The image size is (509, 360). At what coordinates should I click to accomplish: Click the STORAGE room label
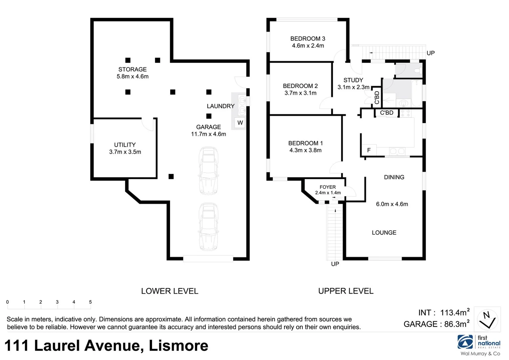tap(132, 69)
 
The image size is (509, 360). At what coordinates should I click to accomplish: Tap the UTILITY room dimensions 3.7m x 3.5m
tap(125, 152)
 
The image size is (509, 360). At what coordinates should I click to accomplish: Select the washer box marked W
tap(240, 123)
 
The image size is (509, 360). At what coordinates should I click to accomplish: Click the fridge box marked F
tap(369, 150)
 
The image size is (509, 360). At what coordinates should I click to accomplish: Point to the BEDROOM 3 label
tap(308, 39)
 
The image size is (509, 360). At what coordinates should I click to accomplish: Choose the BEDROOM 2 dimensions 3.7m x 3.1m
tap(300, 93)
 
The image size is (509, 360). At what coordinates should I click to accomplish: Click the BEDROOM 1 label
tap(305, 143)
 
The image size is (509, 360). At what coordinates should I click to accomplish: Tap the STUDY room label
tap(353, 80)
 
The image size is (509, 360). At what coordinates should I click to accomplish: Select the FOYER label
tap(328, 187)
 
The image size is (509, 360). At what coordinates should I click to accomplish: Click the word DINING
tap(394, 177)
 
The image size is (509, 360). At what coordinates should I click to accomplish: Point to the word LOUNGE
tap(384, 233)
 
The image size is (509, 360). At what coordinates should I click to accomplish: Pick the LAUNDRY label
tap(221, 106)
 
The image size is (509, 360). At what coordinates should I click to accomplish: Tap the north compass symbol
tap(487, 319)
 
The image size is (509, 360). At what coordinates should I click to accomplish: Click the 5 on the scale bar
tap(90, 302)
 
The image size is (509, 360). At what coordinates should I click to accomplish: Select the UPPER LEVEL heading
tap(346, 291)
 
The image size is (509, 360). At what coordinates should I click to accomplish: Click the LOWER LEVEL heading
tap(170, 291)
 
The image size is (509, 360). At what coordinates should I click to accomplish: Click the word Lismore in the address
tap(178, 346)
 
